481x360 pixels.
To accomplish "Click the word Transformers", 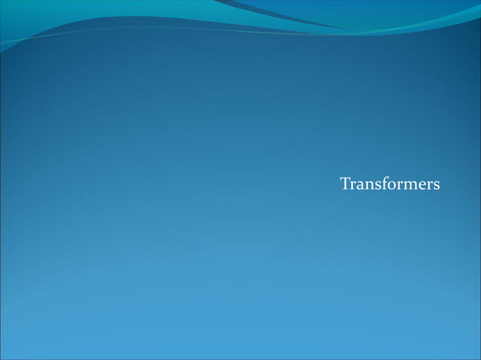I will tap(390, 184).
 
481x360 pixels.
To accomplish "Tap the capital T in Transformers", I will tap(345, 184).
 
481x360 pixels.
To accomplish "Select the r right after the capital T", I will tap(353, 185).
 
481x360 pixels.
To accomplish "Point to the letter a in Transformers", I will tap(360, 185).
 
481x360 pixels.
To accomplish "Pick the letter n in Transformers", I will tap(368, 185).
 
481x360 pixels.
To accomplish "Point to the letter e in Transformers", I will tap(418, 185).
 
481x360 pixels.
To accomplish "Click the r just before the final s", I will tap(426, 185).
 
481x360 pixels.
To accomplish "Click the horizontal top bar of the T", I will tap(345, 178).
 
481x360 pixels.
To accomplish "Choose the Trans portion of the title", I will tap(360, 184).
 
